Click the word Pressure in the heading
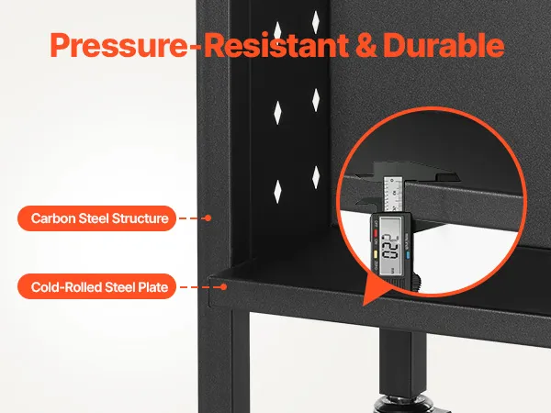(118, 45)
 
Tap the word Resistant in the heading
(276, 45)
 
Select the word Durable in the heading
(444, 45)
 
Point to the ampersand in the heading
(366, 45)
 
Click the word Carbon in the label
(52, 218)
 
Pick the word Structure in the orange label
(141, 218)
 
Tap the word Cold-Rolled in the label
(66, 287)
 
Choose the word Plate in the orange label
(152, 287)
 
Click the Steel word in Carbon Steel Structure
(94, 218)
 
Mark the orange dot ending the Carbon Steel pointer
(208, 218)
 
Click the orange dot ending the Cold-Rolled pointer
(223, 287)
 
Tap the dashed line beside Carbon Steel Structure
(192, 218)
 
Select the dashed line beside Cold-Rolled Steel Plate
(200, 287)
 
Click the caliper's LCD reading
(391, 246)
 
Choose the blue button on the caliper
(408, 254)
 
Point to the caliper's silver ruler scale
(393, 195)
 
